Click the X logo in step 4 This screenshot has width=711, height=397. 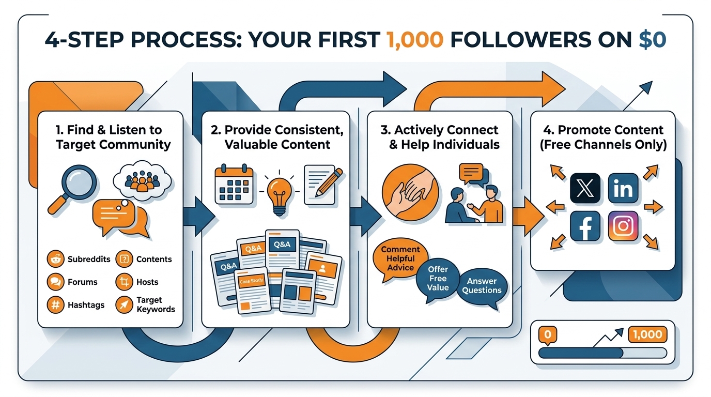(585, 188)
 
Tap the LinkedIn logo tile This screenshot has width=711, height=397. (623, 188)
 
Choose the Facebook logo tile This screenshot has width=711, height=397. (585, 226)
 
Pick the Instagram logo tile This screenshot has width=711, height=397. (623, 226)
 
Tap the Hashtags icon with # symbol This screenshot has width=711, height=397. (55, 305)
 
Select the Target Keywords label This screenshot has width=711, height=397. (156, 305)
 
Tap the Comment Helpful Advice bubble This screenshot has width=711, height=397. (401, 258)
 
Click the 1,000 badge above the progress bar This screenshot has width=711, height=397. (647, 335)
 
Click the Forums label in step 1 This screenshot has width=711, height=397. (83, 282)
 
